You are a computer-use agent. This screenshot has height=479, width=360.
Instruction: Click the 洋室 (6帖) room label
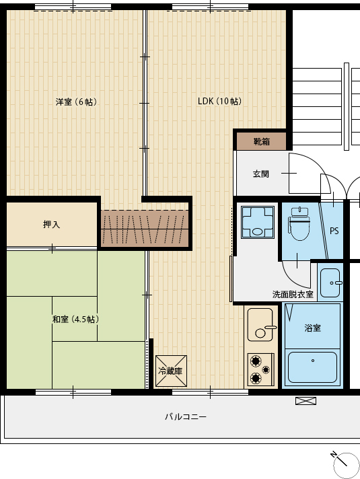[x=77, y=102]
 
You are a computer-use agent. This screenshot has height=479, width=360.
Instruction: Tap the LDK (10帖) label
[x=219, y=101]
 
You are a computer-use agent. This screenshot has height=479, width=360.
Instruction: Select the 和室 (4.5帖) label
[x=76, y=320]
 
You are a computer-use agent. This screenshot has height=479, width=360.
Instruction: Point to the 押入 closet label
[x=52, y=224]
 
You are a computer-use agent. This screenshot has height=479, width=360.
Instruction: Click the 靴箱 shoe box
[x=262, y=141]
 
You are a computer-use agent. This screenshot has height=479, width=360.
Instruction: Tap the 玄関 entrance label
[x=261, y=174]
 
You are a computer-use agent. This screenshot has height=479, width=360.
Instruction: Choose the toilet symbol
[x=299, y=223]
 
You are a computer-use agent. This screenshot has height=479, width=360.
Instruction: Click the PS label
[x=334, y=231]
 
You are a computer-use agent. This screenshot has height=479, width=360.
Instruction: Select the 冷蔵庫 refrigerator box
[x=171, y=371]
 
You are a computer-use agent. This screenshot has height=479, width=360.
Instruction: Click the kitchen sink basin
[x=260, y=324]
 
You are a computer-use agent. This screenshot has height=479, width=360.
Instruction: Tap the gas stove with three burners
[x=260, y=369]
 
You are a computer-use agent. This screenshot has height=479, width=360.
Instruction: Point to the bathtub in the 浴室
[x=313, y=367]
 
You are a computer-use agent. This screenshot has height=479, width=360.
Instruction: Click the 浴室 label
[x=313, y=328]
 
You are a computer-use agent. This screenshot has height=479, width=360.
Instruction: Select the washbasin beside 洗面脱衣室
[x=330, y=283]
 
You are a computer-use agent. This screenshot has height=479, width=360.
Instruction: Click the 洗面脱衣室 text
[x=293, y=294]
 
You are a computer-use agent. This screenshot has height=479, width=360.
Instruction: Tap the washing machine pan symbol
[x=258, y=222]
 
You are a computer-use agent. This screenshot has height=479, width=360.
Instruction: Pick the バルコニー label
[x=186, y=416]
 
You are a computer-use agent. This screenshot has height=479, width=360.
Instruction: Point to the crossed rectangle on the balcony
[x=305, y=401]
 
